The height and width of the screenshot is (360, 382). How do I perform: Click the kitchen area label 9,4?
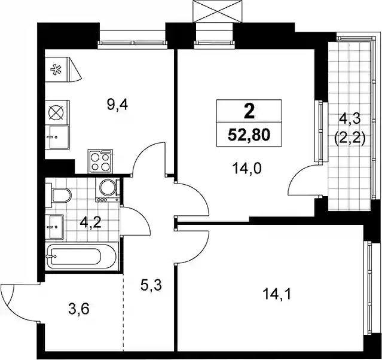point(117,105)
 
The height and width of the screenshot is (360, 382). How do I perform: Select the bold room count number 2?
point(249,112)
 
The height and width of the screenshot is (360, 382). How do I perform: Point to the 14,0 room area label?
point(247,169)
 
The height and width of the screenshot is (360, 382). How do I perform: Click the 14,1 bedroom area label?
point(277,294)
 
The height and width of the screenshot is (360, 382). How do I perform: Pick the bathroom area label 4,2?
point(90,222)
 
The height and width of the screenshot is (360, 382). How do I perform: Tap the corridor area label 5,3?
point(151,285)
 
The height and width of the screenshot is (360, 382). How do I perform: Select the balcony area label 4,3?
point(350,120)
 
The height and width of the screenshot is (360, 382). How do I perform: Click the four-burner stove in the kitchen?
point(100,161)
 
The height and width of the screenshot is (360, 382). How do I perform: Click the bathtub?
point(82,256)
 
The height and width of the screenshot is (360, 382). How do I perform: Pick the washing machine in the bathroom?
point(108,190)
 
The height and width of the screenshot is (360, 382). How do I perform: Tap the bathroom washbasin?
point(54,227)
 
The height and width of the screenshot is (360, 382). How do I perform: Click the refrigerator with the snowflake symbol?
point(57,69)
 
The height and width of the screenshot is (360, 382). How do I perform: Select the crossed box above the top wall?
point(218,11)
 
